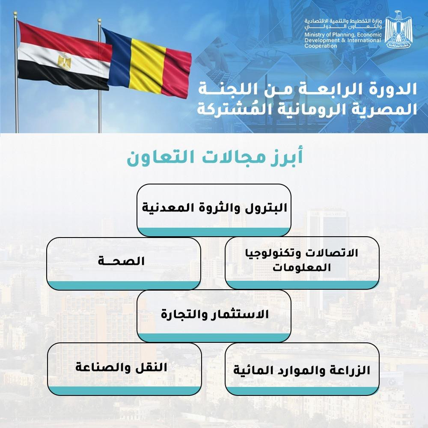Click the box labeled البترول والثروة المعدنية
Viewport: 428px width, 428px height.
pyautogui.click(x=214, y=210)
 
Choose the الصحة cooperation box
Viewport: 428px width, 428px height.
pyautogui.click(x=124, y=262)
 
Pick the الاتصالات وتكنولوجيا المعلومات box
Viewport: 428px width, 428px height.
pyautogui.click(x=302, y=262)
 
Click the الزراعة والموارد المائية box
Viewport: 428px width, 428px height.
pyautogui.click(x=302, y=369)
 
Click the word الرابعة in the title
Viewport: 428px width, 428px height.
pyautogui.click(x=321, y=89)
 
